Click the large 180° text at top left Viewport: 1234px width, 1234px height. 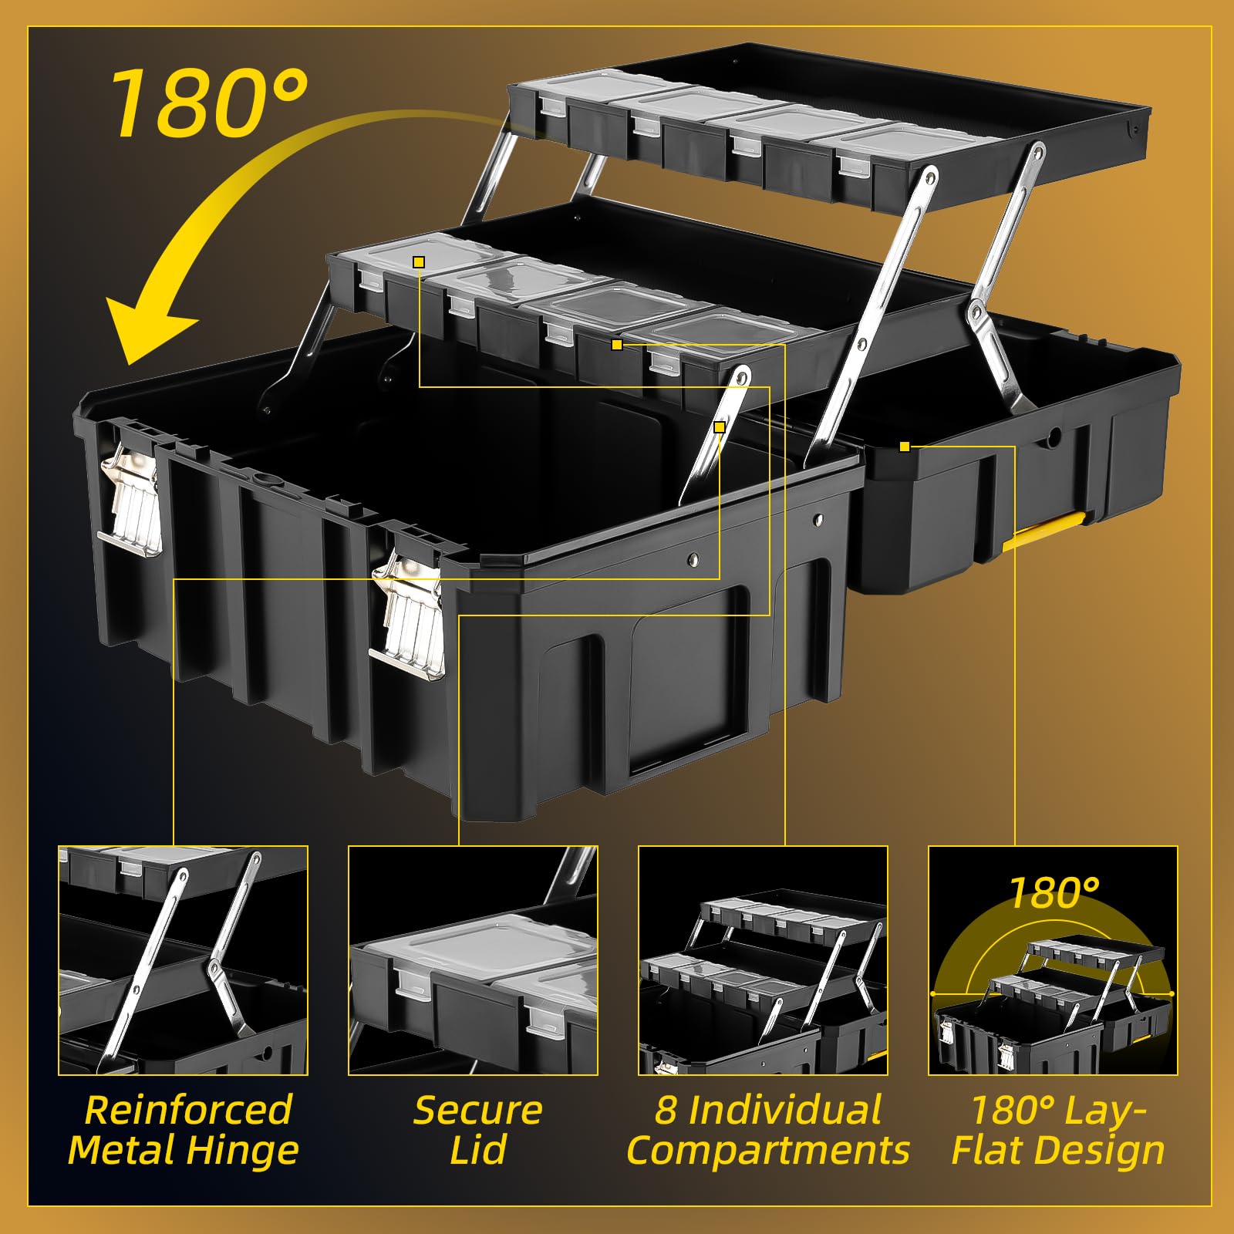[x=210, y=103]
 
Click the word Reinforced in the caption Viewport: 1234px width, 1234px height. [x=188, y=1111]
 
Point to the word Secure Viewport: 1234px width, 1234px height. [x=477, y=1111]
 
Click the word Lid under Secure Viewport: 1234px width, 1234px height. [x=477, y=1150]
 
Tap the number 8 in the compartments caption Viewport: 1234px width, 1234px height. [x=666, y=1111]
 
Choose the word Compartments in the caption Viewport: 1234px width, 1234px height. [x=768, y=1151]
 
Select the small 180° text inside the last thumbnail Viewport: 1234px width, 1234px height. [x=1054, y=893]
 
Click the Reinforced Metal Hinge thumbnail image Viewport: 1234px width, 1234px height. [x=183, y=960]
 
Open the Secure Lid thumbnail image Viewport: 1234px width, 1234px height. [x=473, y=960]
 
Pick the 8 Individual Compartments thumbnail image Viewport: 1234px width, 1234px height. [x=763, y=960]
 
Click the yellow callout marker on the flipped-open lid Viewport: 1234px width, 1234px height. [x=905, y=447]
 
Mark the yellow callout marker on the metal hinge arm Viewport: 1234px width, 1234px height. [x=720, y=427]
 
